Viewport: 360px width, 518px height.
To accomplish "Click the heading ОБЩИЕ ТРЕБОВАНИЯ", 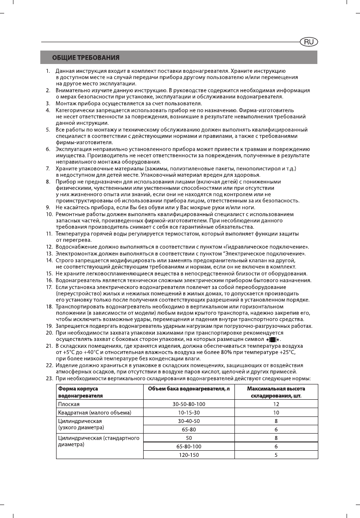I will (x=86, y=58).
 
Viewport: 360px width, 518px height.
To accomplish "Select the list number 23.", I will (x=49, y=378).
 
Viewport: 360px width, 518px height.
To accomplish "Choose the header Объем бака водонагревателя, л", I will (x=189, y=388).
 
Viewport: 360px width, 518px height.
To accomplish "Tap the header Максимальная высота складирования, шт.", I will (x=276, y=392).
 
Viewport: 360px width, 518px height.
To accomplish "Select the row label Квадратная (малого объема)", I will (x=95, y=412).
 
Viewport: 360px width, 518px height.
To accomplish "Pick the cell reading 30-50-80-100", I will (x=189, y=404).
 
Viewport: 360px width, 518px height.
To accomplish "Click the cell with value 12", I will (x=276, y=404).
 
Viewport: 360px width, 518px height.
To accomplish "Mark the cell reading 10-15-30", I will (x=189, y=412).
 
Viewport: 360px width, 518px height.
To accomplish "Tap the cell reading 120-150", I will (x=189, y=454).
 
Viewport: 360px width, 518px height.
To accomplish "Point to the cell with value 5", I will (x=276, y=454).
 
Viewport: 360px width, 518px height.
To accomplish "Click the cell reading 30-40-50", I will (x=189, y=421).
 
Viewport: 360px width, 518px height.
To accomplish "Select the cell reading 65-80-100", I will (x=189, y=446).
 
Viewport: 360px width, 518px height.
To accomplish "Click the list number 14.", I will (x=49, y=261).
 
